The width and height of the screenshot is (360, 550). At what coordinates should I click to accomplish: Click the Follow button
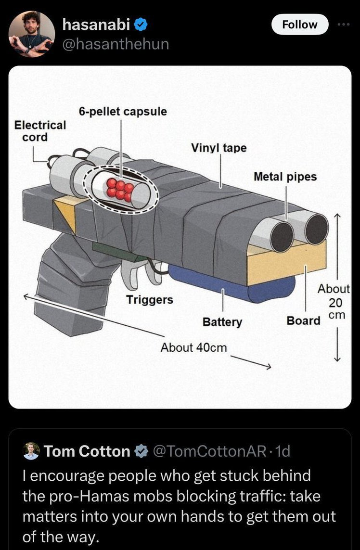point(300,25)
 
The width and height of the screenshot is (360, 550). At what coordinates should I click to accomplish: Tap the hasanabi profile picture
point(32,34)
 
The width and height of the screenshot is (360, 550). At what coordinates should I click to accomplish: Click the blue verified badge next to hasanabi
point(141,25)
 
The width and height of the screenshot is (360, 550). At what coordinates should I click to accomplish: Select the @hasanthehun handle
point(116,44)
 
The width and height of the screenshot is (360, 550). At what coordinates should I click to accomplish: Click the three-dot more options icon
point(344,25)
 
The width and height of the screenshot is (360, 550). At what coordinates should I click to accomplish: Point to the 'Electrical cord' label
point(39,131)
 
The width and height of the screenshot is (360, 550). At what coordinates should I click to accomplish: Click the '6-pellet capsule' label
point(123,112)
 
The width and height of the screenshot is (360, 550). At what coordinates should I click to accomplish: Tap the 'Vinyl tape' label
point(219,148)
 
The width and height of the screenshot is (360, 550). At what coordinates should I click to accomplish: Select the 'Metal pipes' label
point(285,177)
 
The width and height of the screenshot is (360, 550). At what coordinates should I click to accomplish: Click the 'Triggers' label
point(150,300)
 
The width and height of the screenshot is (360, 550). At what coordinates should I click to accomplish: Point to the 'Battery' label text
point(222,322)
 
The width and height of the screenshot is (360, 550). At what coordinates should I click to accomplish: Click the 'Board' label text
point(304,320)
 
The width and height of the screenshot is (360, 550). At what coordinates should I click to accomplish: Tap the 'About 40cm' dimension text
point(193,347)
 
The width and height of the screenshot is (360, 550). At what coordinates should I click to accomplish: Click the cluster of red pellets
point(120,190)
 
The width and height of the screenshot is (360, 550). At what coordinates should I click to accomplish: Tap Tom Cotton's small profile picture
point(31,451)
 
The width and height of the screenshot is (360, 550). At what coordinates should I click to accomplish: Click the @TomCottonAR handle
point(209,451)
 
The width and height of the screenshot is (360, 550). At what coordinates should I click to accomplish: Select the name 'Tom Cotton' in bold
point(87,451)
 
